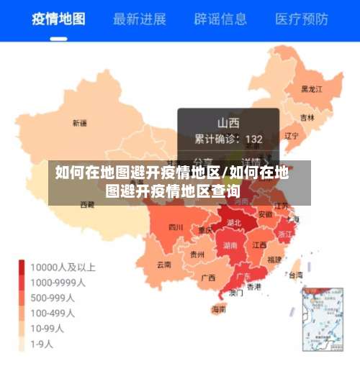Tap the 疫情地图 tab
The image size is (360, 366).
58,19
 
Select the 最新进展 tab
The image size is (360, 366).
140,19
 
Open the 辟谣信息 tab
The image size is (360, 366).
220,19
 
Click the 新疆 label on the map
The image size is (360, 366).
79,123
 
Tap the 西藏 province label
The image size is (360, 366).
86,204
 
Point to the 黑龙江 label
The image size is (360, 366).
311,89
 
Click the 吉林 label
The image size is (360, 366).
307,117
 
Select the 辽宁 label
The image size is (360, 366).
291,135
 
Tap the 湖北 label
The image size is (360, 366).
233,223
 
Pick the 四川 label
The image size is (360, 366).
176,227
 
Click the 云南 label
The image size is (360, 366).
164,264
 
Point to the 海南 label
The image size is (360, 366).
218,309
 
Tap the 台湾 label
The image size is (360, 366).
295,274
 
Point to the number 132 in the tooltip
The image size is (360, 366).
253,139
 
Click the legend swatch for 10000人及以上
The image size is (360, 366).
22,267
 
